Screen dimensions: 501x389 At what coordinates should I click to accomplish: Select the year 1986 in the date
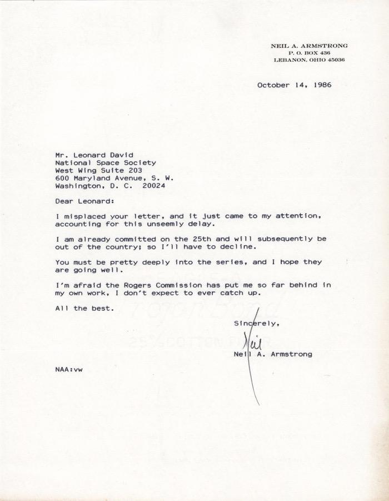pyautogui.click(x=322, y=85)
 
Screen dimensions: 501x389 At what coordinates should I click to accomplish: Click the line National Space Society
pyautogui.click(x=106, y=163)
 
